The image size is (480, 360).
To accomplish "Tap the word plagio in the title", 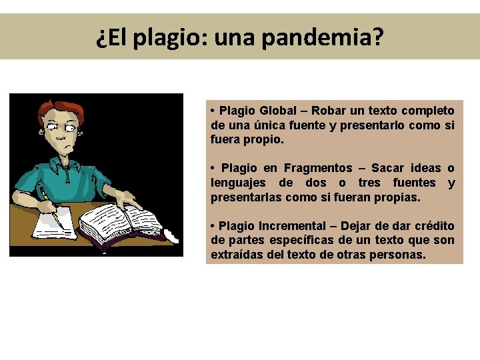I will point(170,38).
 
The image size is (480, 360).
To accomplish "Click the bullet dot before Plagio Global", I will point(211,110).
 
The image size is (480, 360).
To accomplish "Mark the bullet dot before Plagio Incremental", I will point(211,226).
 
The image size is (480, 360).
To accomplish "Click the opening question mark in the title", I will point(101,38).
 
